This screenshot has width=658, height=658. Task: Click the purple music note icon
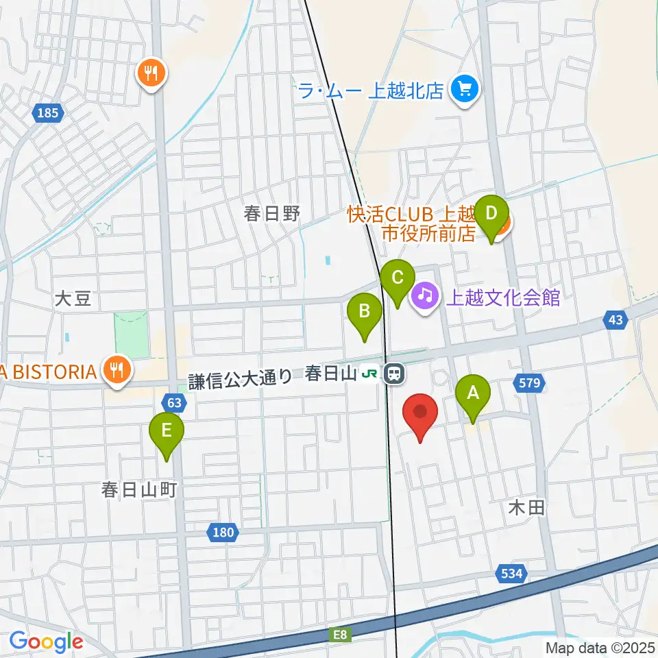(425, 296)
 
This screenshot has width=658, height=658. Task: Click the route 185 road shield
(49, 113)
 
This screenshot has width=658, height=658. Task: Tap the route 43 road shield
(616, 319)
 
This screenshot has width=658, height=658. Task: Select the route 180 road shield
(223, 531)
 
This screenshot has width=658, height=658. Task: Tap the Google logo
(46, 642)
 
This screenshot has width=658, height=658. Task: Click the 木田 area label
(526, 507)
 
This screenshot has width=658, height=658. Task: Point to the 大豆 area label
(73, 299)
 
